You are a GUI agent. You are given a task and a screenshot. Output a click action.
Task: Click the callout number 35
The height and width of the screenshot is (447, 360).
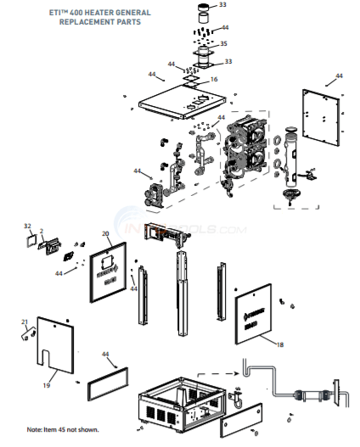tap(223, 43)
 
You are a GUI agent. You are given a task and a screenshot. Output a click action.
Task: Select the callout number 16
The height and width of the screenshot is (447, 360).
tap(214, 79)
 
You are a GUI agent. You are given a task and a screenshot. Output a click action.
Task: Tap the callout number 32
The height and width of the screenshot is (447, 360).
tap(28, 226)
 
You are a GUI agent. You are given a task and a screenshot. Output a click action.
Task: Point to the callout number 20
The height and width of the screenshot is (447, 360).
tap(105, 232)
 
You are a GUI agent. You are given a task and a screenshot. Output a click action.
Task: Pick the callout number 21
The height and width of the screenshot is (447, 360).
tap(25, 321)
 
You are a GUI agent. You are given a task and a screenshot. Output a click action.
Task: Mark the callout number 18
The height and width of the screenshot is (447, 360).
tap(280, 345)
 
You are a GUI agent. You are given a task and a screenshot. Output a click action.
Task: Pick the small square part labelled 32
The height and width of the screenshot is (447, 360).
tap(33, 241)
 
